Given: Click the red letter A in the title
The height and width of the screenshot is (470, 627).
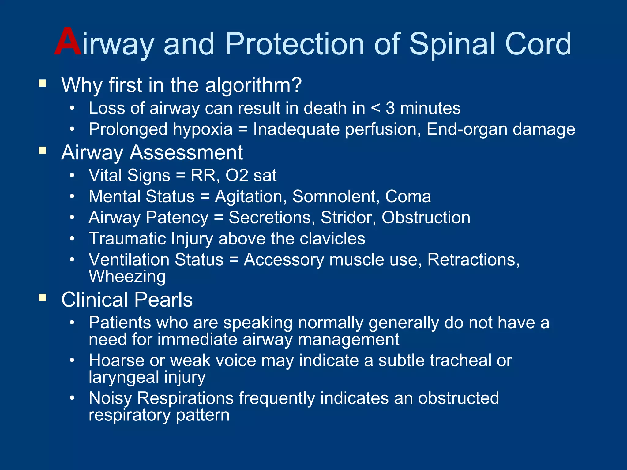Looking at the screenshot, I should click(68, 42).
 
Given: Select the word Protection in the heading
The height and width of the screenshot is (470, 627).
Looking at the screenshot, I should click(295, 44).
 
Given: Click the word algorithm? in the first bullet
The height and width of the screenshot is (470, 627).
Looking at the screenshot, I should click(253, 85).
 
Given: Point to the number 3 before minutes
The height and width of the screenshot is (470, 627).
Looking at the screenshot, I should click(390, 108).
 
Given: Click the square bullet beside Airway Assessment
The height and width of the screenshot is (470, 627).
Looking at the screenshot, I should click(42, 150).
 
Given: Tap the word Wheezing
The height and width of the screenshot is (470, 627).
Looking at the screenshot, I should click(127, 277).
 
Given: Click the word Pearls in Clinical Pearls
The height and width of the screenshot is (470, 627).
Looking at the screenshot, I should click(163, 300).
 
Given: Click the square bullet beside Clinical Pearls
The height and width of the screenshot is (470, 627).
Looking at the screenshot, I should click(42, 297).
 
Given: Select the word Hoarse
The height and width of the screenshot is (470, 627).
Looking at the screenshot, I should click(116, 360).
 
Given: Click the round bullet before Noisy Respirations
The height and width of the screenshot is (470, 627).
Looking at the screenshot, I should click(72, 398).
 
